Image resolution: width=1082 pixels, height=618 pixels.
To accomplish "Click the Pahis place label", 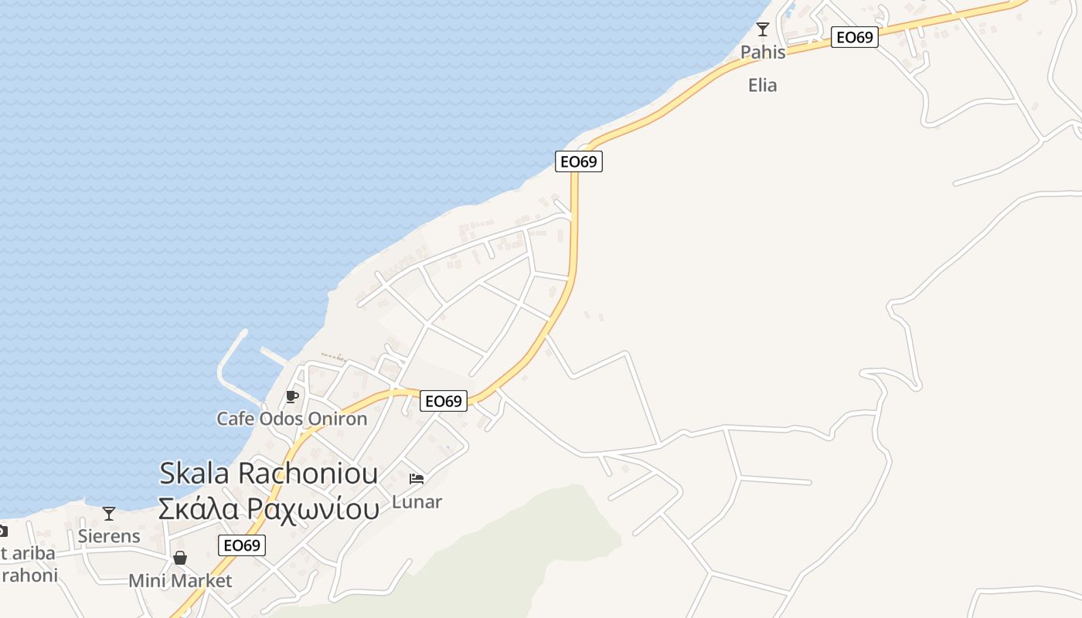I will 763,53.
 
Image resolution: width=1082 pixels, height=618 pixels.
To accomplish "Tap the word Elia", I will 762,85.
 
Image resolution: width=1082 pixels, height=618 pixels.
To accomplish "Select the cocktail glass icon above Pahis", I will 763,29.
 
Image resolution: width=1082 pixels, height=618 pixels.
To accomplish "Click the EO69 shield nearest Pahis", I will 854,37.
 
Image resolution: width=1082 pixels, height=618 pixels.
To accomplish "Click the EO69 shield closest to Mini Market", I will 242,545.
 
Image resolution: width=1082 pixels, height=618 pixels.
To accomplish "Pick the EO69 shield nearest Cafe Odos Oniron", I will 444,401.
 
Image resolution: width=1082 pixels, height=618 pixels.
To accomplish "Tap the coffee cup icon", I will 291,397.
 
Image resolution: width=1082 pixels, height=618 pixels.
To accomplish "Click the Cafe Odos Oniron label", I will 291,419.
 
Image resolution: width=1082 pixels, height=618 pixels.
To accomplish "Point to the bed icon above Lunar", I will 417,479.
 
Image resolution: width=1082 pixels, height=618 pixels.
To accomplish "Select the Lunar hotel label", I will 417,502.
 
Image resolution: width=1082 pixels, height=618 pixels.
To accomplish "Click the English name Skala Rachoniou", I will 268,473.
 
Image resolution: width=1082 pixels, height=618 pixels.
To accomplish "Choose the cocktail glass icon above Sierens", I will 109,514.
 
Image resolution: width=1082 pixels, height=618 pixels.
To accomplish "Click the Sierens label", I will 109,536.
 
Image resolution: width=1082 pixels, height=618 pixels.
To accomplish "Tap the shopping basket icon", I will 180,558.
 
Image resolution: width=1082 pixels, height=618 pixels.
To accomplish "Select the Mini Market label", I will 180,581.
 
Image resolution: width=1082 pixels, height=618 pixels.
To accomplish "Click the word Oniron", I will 337,419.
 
